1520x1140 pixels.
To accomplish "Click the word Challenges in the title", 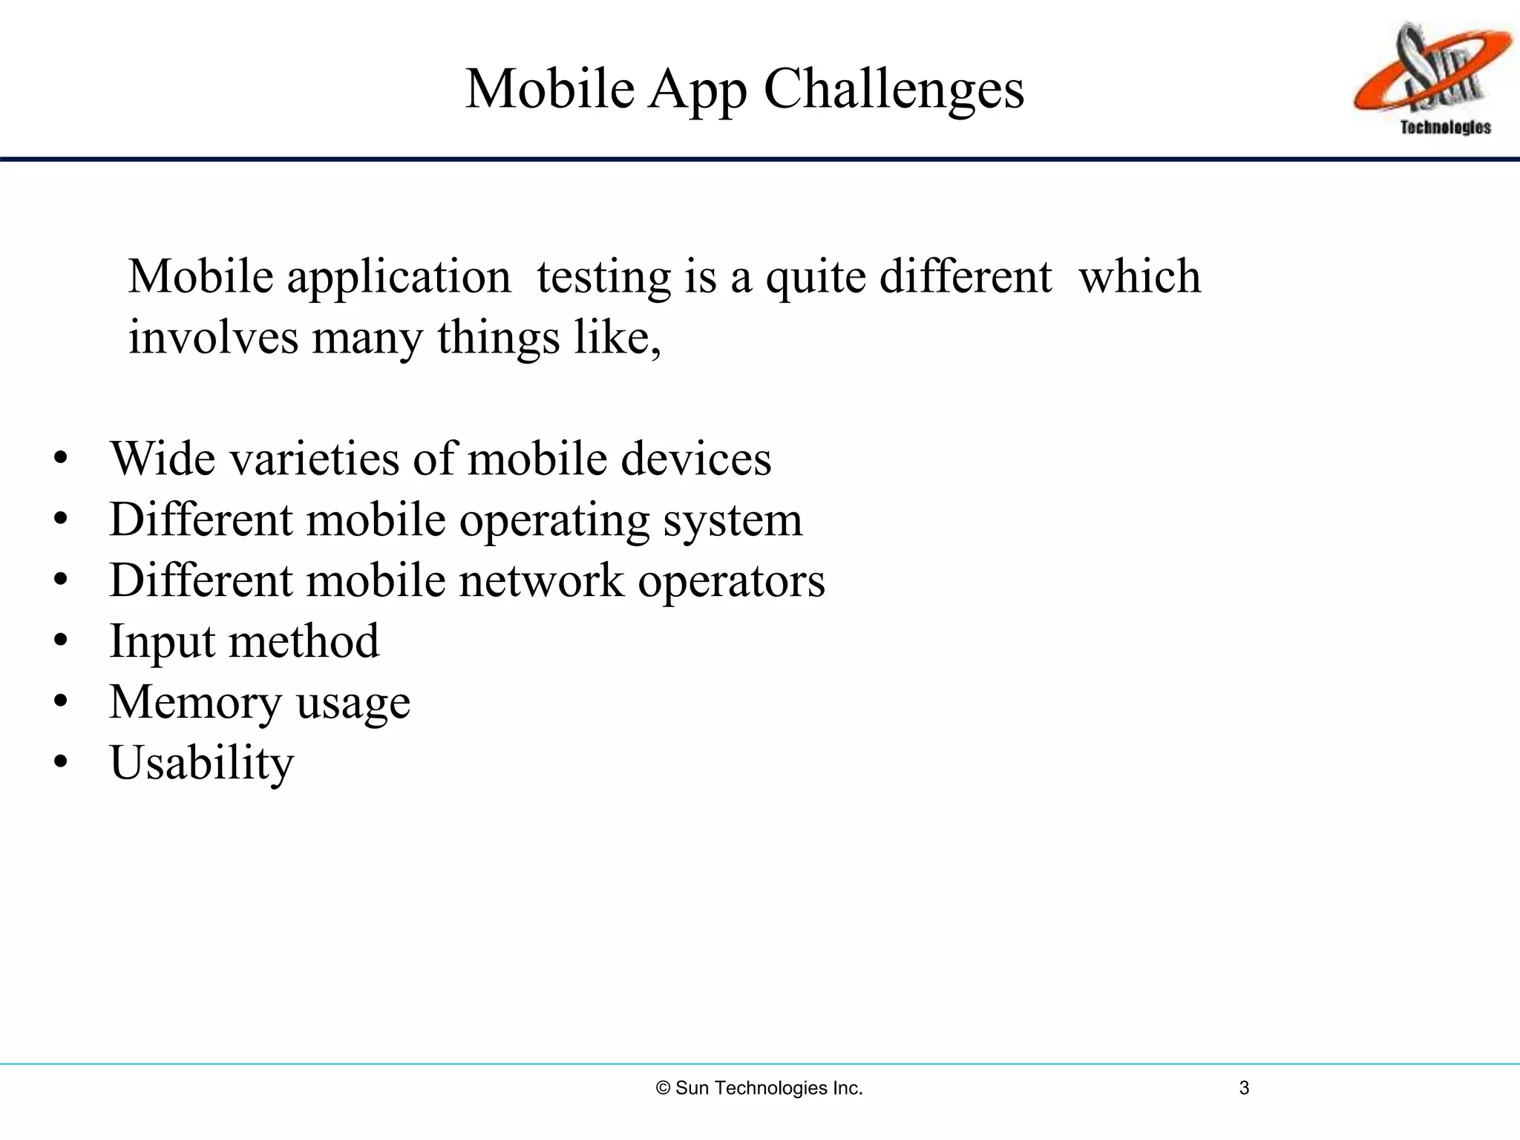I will pos(894,89).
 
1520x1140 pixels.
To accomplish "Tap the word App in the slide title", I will pos(697,91).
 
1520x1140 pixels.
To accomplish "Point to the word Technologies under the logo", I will pos(1445,128).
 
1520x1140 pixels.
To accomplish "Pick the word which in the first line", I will pos(1139,276).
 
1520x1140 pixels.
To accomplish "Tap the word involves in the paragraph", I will pos(213,338).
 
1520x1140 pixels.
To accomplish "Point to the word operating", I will pos(554,520).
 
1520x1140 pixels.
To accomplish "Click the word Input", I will pos(161,642).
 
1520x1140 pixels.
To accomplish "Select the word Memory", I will pos(195,703).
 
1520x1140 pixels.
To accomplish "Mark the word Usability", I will pos(202,764).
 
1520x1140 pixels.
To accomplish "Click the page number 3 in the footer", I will pos(1244,1088).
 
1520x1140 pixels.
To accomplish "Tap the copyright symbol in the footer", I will pos(664,1088).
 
